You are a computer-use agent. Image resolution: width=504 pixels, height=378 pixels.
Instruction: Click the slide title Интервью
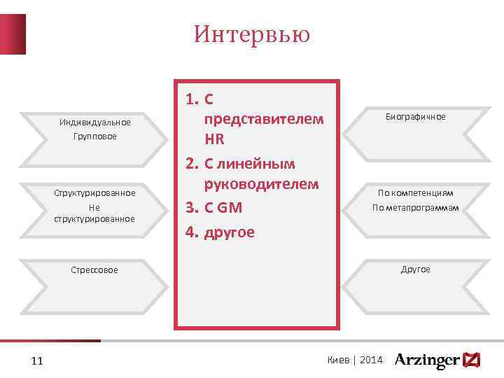pyautogui.click(x=252, y=34)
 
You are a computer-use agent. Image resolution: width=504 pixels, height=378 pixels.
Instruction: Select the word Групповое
pyautogui.click(x=95, y=136)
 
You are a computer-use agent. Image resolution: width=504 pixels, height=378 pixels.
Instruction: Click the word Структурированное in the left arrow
pyautogui.click(x=95, y=192)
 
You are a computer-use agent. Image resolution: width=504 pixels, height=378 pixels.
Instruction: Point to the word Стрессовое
pyautogui.click(x=95, y=269)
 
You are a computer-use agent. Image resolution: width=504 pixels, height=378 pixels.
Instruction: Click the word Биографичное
pyautogui.click(x=415, y=117)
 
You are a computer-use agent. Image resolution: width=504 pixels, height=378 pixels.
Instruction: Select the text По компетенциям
pyautogui.click(x=415, y=192)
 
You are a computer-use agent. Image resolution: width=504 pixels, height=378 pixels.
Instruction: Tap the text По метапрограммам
pyautogui.click(x=415, y=206)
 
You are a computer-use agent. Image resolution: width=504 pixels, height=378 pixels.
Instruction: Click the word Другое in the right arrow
pyautogui.click(x=415, y=269)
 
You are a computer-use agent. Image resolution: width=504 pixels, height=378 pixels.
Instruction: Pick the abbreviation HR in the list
pyautogui.click(x=214, y=139)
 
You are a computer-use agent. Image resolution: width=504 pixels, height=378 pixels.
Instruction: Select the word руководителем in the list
pyautogui.click(x=261, y=184)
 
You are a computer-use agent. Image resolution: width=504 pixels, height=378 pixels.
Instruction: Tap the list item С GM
pyautogui.click(x=224, y=207)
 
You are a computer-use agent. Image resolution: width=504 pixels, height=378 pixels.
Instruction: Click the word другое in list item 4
pyautogui.click(x=230, y=232)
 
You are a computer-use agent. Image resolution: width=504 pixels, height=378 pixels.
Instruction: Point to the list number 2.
pyautogui.click(x=192, y=164)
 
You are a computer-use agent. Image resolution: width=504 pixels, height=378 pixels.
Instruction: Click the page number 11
pyautogui.click(x=38, y=360)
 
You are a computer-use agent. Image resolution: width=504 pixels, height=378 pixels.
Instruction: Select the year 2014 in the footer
pyautogui.click(x=372, y=360)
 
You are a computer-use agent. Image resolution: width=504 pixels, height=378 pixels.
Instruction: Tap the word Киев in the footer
pyautogui.click(x=339, y=360)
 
